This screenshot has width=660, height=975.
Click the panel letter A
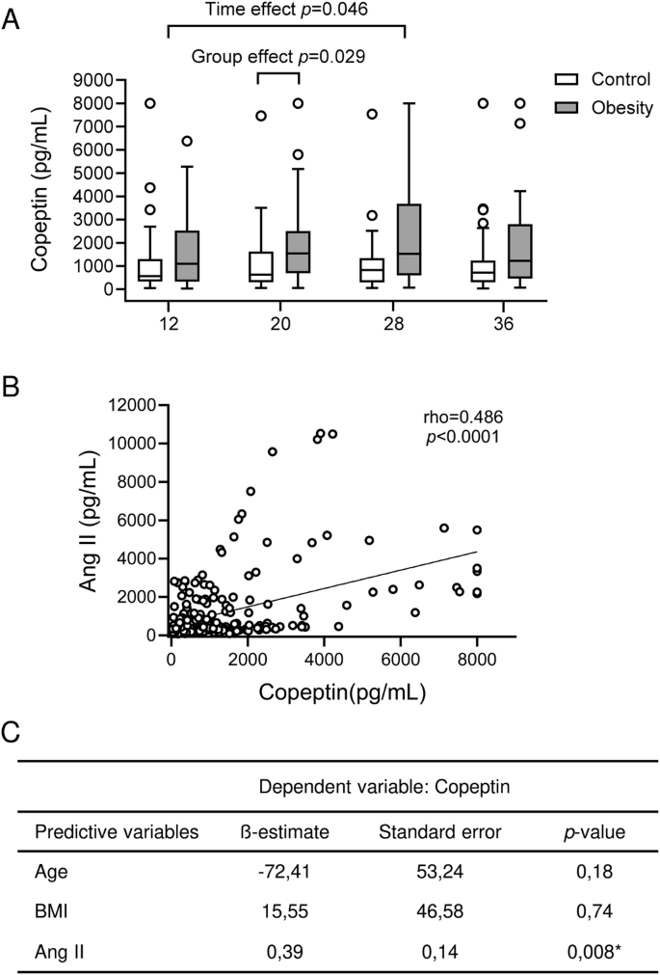coord(13,19)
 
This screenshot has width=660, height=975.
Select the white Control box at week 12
coord(149,270)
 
